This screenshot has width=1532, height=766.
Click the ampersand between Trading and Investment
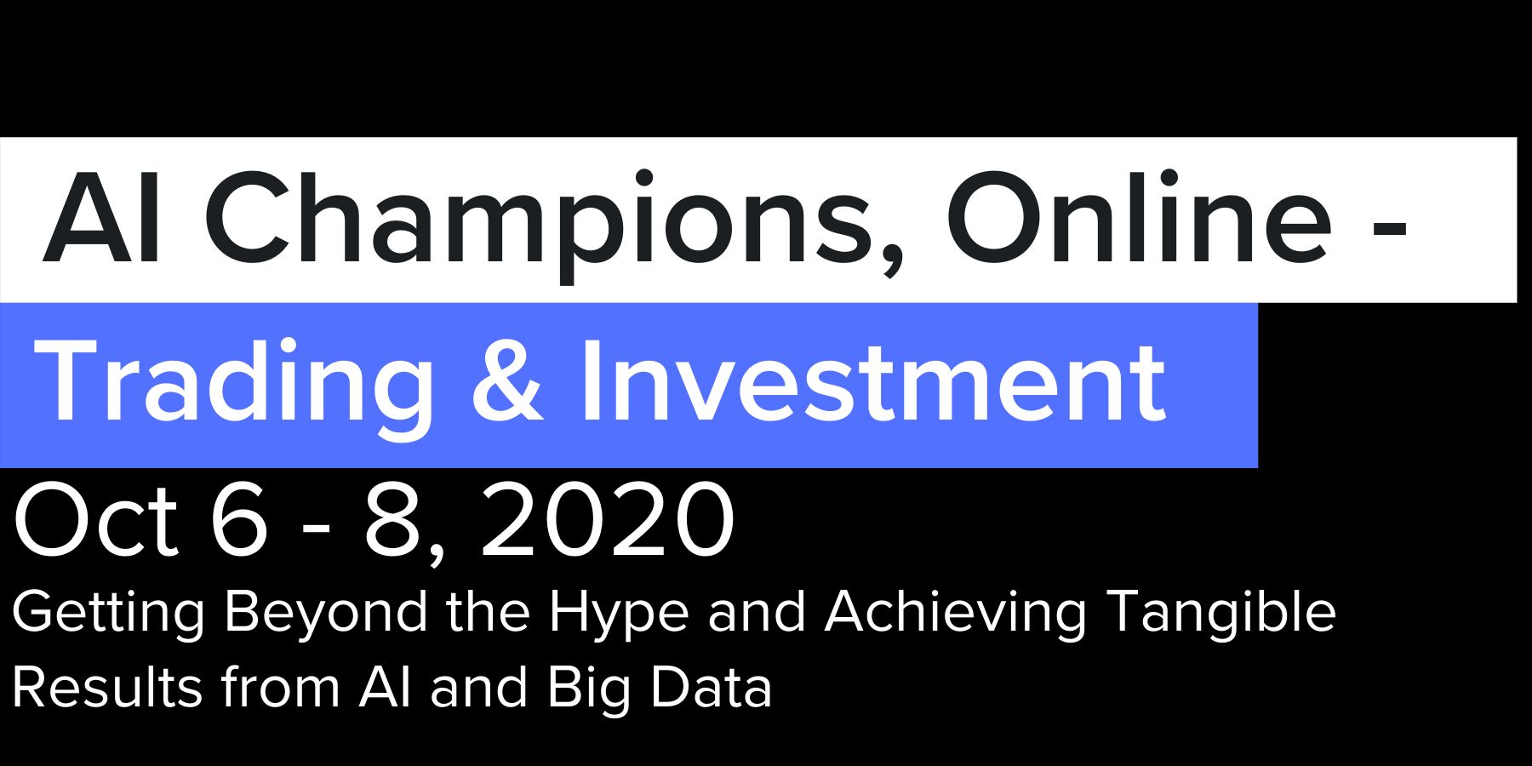(x=507, y=379)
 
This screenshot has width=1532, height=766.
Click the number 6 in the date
(x=239, y=520)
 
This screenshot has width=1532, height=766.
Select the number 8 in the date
(x=394, y=520)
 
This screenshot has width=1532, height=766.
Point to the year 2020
(x=608, y=520)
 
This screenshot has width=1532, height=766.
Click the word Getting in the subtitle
(x=109, y=615)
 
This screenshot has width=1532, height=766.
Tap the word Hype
(x=619, y=615)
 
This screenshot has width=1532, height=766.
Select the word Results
(x=107, y=687)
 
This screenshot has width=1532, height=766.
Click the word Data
(x=712, y=687)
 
